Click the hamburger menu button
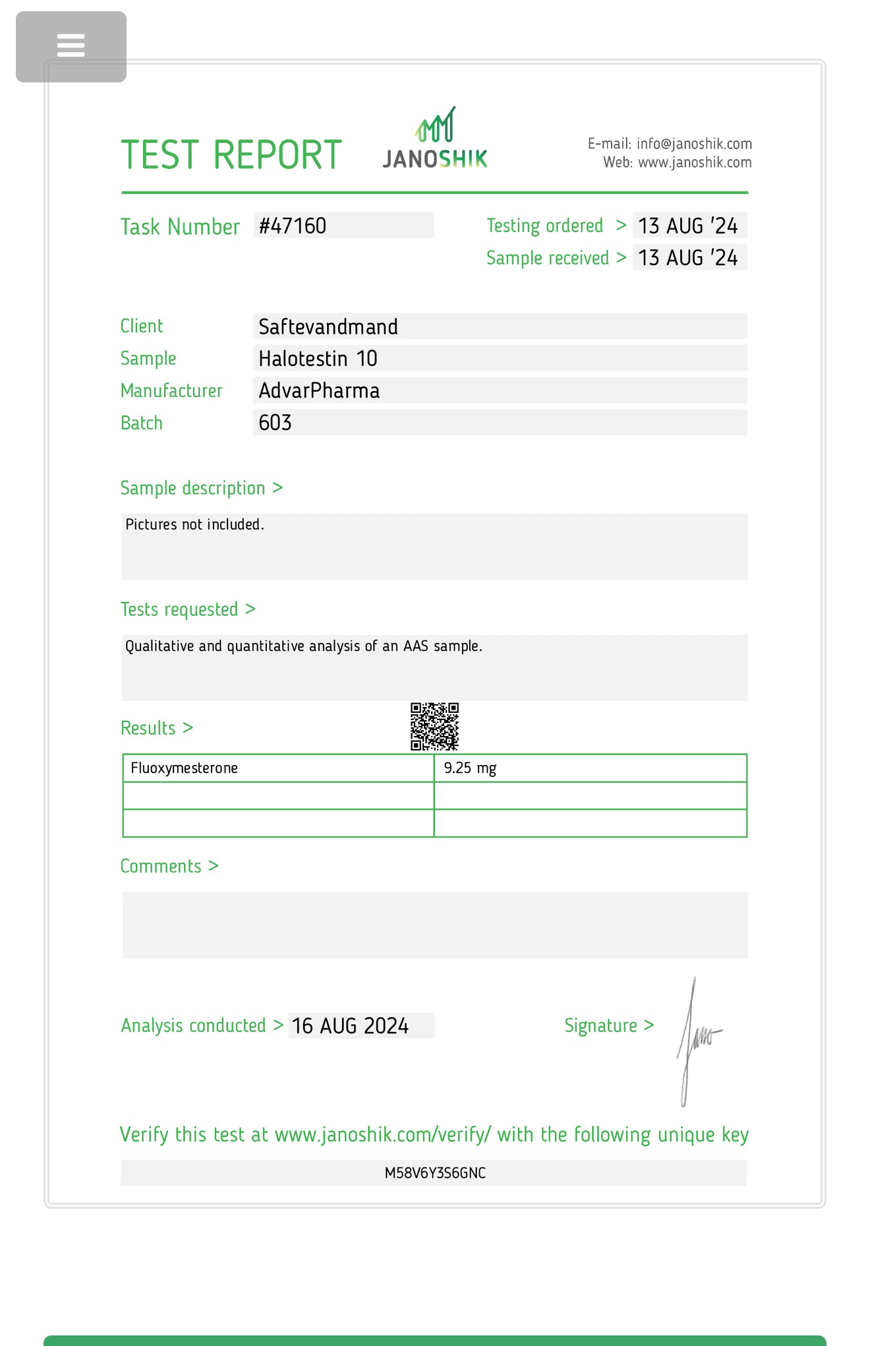point(71,46)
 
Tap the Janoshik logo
point(435,140)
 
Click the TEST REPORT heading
point(231,156)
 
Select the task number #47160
point(293,226)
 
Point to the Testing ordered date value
point(688,226)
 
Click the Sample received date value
point(688,258)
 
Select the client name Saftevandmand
point(328,327)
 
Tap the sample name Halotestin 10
point(318,359)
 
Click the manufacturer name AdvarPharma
point(319,391)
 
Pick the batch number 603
point(275,423)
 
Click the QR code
point(434,727)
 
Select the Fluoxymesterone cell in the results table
point(185,768)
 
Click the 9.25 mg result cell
point(470,768)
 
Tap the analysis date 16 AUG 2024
point(350,1026)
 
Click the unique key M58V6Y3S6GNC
point(435,1173)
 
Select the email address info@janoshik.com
point(694,144)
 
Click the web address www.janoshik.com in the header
point(695,162)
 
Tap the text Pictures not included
point(194,525)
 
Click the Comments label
point(161,867)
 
